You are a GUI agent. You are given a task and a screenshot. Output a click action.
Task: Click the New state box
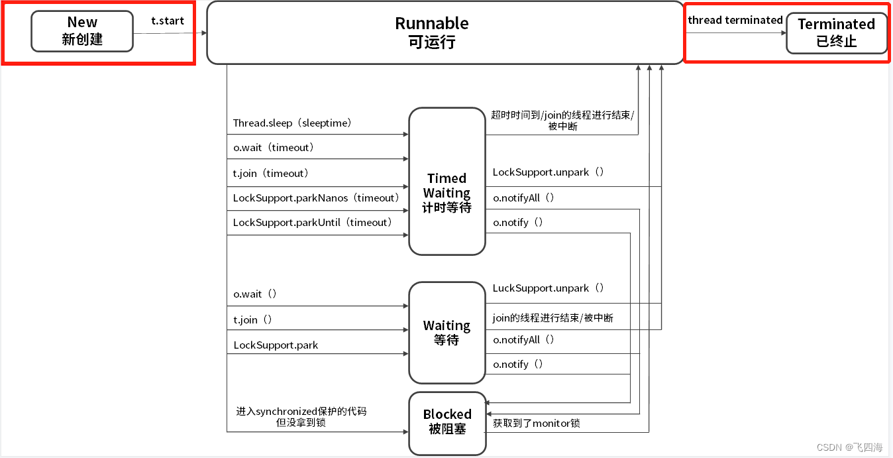point(82,31)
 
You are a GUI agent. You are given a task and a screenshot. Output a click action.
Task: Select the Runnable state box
point(445,32)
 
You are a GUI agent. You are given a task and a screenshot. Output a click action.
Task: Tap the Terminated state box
point(836,32)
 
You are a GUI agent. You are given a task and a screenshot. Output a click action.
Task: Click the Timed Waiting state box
point(446,182)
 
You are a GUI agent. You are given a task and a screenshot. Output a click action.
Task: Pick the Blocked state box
point(446,422)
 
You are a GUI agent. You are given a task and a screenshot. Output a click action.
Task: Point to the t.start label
point(168,21)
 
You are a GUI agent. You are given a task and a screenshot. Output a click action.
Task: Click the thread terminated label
point(735,20)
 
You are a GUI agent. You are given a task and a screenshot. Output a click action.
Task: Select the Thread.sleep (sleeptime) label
point(292,123)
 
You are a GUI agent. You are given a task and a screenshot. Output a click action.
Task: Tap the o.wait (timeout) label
point(274,148)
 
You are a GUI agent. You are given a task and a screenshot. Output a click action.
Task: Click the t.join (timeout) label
point(271,174)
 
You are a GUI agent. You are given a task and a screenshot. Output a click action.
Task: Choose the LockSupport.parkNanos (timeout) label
point(316,198)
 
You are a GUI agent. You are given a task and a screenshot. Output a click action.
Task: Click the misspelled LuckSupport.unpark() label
point(549,288)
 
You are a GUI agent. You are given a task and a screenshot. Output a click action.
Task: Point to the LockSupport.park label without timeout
point(276,345)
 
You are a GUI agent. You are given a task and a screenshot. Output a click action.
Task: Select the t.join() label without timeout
point(253,320)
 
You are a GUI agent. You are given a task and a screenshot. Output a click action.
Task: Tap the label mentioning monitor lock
point(537,423)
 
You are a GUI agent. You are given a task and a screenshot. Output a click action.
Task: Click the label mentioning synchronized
point(301,412)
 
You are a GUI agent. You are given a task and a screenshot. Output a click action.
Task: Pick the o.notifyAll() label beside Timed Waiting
point(523,198)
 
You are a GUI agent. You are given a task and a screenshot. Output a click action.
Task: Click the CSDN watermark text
point(849,447)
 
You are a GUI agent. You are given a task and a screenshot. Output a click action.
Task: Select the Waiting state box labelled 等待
point(446,333)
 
